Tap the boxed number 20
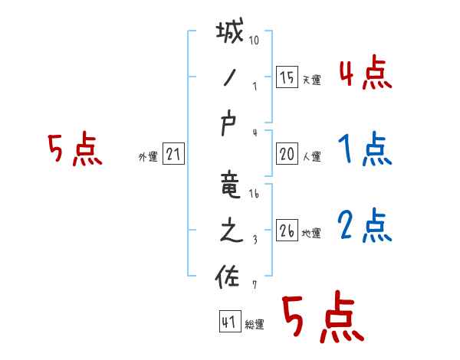[287, 154]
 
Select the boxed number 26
[287, 231]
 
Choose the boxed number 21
[173, 154]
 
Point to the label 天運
[311, 80]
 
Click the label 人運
[311, 157]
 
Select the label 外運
[147, 157]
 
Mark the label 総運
[255, 325]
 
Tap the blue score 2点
[365, 226]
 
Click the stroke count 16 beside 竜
[255, 194]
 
